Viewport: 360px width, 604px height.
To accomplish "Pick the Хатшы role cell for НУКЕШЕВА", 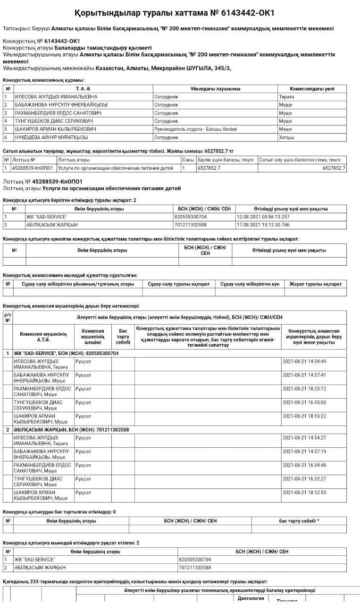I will pyautogui.click(x=286, y=137).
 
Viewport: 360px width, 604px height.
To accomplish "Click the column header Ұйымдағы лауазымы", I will pyautogui.click(x=215, y=89).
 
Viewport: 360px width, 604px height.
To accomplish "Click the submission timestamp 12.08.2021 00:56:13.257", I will pyautogui.click(x=263, y=217).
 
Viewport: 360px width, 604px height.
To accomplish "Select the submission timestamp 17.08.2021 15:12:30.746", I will pyautogui.click(x=263, y=225).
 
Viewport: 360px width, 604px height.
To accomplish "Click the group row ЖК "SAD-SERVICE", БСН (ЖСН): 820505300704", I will pyautogui.click(x=66, y=353).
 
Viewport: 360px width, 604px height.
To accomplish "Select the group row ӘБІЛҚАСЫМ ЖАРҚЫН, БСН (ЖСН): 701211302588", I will pyautogui.click(x=71, y=430).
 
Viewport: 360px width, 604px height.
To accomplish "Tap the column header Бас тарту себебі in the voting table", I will pyautogui.click(x=123, y=336).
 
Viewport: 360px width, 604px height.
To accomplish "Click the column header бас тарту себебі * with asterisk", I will pyautogui.click(x=299, y=521).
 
